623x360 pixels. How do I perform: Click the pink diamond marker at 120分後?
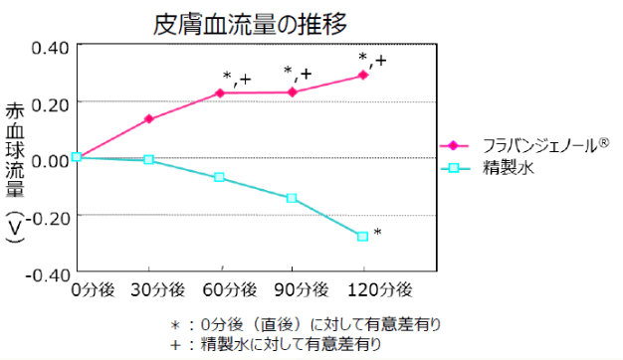point(363,75)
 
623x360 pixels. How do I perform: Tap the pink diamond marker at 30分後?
point(149,119)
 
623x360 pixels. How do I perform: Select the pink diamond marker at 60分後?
point(220,93)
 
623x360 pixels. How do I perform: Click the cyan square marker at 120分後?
point(363,236)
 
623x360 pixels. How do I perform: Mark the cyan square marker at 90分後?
point(292,198)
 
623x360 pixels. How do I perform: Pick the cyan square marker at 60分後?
point(220,177)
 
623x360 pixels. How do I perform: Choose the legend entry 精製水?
point(510,168)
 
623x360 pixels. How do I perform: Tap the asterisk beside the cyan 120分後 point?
point(378,233)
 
